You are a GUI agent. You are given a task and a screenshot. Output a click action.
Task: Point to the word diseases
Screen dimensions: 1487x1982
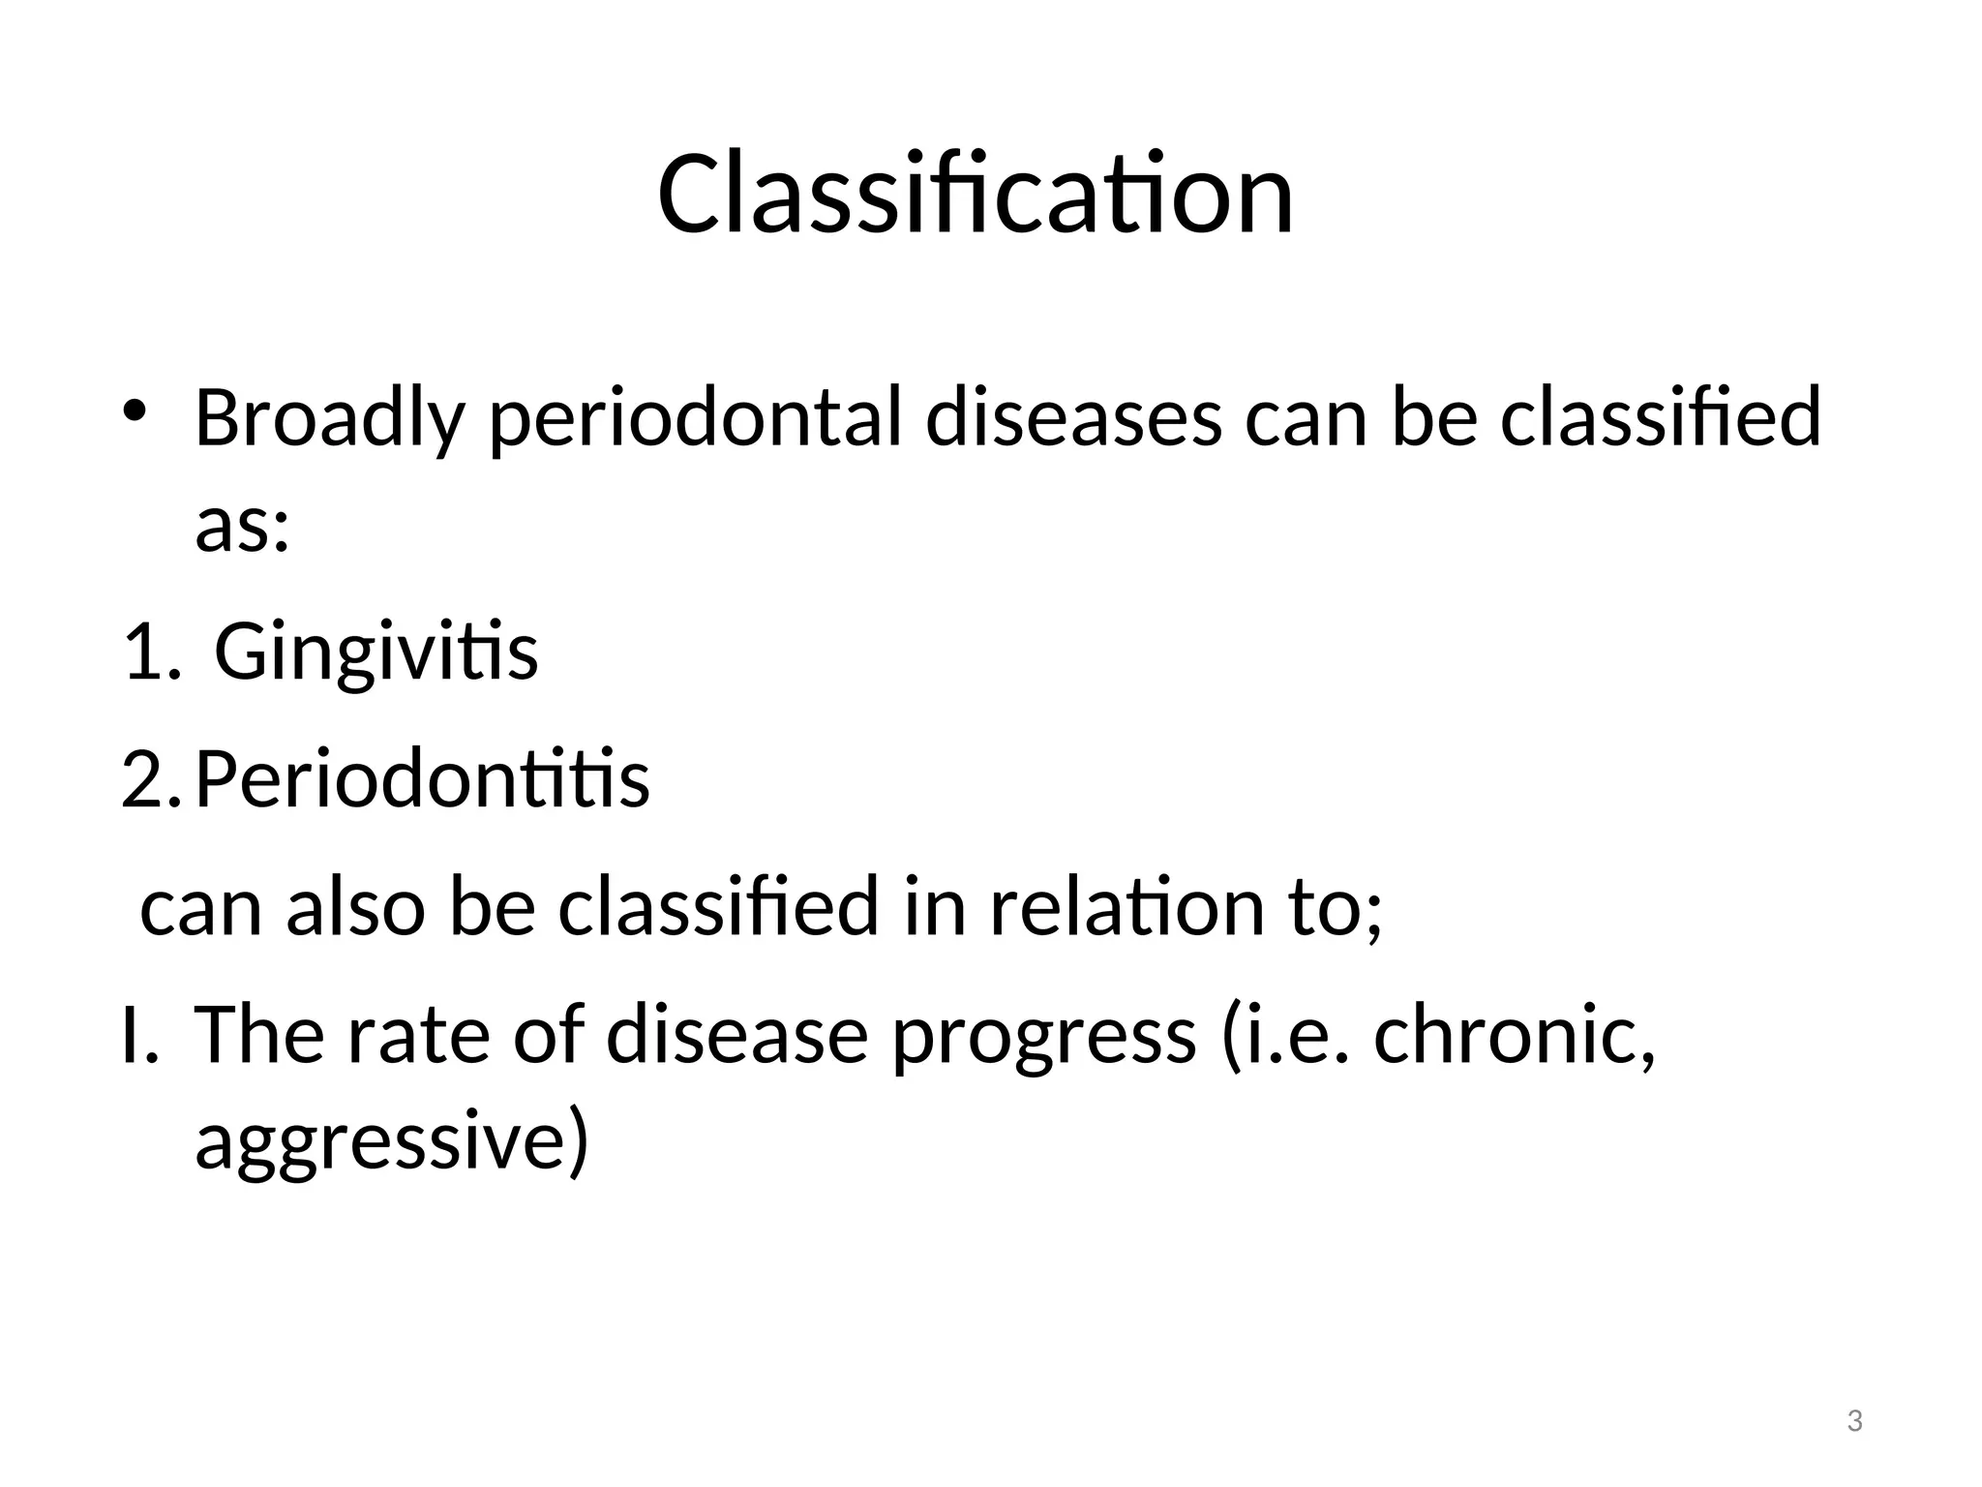coord(1073,419)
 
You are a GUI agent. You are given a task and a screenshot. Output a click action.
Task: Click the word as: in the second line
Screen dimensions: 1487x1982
coord(242,528)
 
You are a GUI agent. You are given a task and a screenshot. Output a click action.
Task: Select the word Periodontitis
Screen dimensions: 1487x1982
coord(422,779)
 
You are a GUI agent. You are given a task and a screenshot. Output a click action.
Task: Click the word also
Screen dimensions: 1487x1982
coord(355,907)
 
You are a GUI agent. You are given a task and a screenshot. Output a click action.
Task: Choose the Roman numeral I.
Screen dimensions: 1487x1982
coord(135,1034)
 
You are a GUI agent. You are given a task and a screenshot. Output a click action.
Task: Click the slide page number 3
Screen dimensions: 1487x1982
coord(1854,1422)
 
